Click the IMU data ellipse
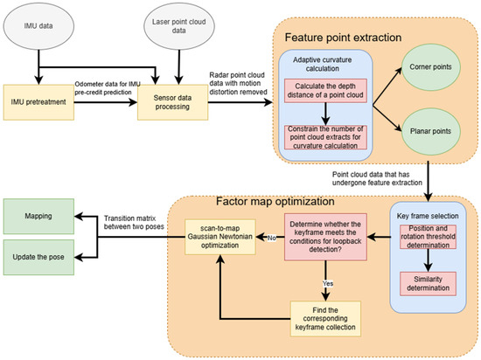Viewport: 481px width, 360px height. click(38, 26)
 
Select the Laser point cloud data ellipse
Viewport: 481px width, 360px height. click(179, 26)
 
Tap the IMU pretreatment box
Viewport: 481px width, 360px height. click(38, 102)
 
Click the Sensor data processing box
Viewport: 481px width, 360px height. click(172, 102)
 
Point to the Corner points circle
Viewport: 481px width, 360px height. click(431, 67)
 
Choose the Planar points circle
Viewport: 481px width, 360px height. click(431, 131)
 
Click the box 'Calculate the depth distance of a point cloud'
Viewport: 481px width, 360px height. click(325, 91)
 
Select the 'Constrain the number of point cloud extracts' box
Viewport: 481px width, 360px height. click(325, 137)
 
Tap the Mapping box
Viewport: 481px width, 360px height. click(38, 217)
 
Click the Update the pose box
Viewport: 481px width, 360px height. click(38, 258)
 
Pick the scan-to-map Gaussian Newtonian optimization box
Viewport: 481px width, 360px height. click(220, 237)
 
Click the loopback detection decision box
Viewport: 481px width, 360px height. click(325, 237)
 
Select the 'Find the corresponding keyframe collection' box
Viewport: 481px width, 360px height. click(325, 319)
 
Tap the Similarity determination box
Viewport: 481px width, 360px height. click(429, 284)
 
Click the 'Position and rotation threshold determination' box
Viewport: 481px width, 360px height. click(429, 237)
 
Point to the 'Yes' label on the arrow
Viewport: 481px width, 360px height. click(328, 283)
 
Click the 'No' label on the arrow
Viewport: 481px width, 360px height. click(272, 238)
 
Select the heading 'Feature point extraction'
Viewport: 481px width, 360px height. click(344, 38)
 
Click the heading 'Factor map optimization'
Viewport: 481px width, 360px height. click(275, 201)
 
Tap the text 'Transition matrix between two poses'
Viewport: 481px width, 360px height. click(134, 223)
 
